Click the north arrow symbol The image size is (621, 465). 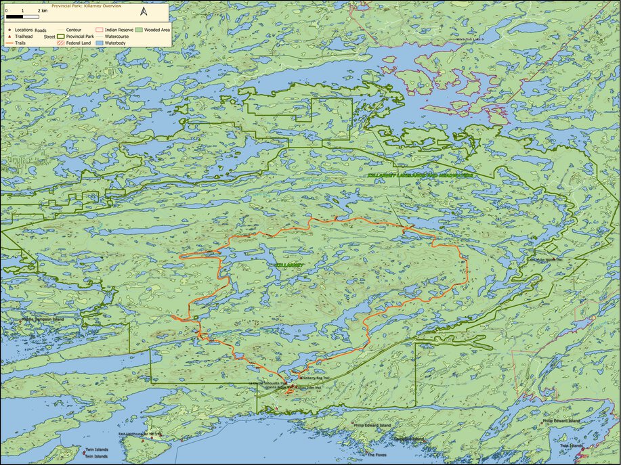pos(144,12)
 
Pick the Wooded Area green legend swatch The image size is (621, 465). pos(138,30)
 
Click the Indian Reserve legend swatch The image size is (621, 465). pos(99,30)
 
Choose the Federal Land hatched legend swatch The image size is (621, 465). pos(60,43)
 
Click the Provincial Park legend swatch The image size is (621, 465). pos(60,37)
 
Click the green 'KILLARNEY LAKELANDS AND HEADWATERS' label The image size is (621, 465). pos(420,175)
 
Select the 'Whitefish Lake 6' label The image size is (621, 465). pos(473,39)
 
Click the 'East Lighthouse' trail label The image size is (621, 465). pos(139,434)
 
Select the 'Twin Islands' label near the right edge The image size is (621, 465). pos(571,446)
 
